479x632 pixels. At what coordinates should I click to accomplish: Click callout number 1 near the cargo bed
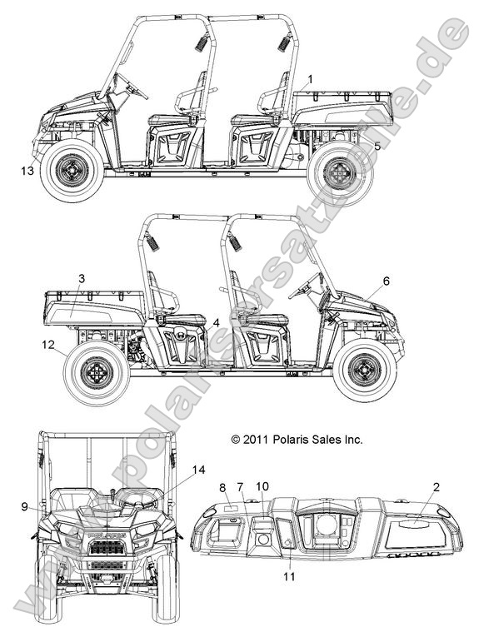pos(310,80)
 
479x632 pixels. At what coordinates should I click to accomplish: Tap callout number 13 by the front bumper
pos(27,171)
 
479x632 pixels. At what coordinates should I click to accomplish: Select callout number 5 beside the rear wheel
pos(377,147)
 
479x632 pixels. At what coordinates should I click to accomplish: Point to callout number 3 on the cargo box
pos(82,278)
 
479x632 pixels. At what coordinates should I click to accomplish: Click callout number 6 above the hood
pos(387,281)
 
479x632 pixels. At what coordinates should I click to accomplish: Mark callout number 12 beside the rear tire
pos(48,345)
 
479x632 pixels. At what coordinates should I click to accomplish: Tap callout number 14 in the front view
pos(198,470)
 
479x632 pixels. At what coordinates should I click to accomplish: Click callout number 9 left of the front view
pos(25,506)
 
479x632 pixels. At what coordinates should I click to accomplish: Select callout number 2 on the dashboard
pos(436,487)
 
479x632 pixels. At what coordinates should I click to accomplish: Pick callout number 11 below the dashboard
pos(289,577)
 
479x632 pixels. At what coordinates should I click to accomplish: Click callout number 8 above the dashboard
pos(222,488)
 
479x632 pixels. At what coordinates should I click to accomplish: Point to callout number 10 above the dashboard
pos(262,487)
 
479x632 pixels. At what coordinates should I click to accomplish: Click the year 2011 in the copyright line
pos(256,440)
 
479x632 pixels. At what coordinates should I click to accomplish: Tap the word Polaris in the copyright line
pos(289,440)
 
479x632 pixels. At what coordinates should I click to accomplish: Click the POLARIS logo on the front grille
pos(106,535)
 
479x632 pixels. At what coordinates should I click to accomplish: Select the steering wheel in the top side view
pos(130,86)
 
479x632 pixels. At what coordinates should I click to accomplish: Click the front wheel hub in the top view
pos(72,170)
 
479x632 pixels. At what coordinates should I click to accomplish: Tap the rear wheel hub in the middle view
pos(97,373)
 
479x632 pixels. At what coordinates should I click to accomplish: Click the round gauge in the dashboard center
pos(327,527)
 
